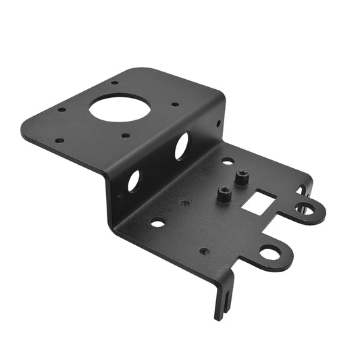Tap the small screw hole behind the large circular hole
pos(115,82)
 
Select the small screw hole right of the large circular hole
pos(175,105)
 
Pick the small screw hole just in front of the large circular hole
pos(125,136)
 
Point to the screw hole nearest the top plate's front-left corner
pos(59,140)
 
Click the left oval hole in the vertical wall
pos(134,180)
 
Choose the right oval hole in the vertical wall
pos(182,145)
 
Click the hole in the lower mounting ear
pos(270,253)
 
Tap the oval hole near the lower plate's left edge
pos(157,223)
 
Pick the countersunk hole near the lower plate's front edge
pos(204,251)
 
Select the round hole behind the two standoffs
pos(228,161)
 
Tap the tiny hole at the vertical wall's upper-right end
pos(218,123)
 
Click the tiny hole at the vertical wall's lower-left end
pos(120,197)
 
